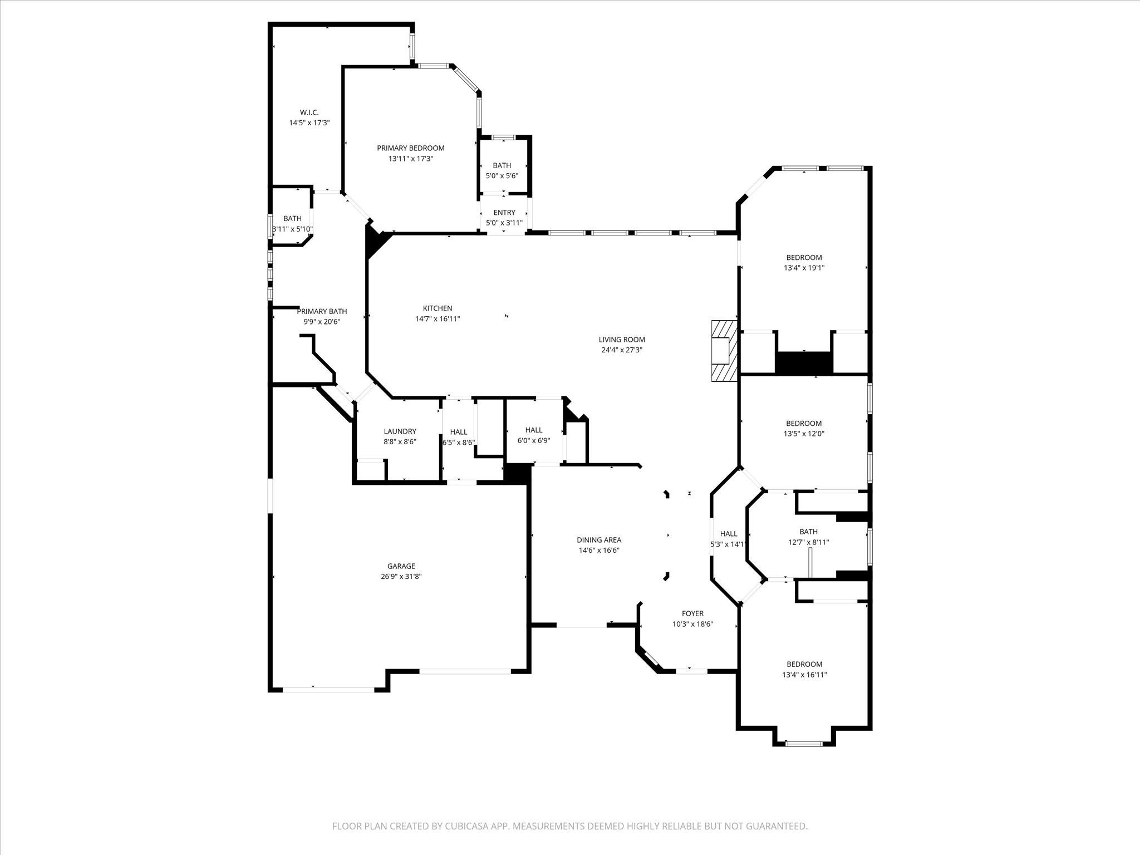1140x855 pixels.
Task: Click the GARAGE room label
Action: point(401,566)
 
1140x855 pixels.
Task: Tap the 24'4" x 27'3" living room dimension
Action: point(622,350)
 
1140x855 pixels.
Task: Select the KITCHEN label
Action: point(438,308)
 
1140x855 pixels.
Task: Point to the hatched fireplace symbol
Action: point(724,351)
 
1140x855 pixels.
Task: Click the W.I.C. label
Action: point(309,112)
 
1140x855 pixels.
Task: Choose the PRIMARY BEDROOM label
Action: point(410,148)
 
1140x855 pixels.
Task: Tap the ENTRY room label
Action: point(504,213)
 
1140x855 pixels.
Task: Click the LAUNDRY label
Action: point(400,431)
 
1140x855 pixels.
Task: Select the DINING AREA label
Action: point(598,540)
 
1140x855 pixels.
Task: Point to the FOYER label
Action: point(692,613)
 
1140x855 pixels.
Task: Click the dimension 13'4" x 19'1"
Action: point(804,268)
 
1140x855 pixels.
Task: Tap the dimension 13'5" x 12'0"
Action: point(804,434)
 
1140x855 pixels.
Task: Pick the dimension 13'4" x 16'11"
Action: point(804,675)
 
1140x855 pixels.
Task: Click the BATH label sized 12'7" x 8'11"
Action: point(808,532)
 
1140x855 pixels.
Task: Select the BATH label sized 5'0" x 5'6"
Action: point(502,165)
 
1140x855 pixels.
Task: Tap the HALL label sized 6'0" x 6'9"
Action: point(533,430)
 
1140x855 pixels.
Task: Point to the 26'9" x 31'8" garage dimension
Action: point(401,577)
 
